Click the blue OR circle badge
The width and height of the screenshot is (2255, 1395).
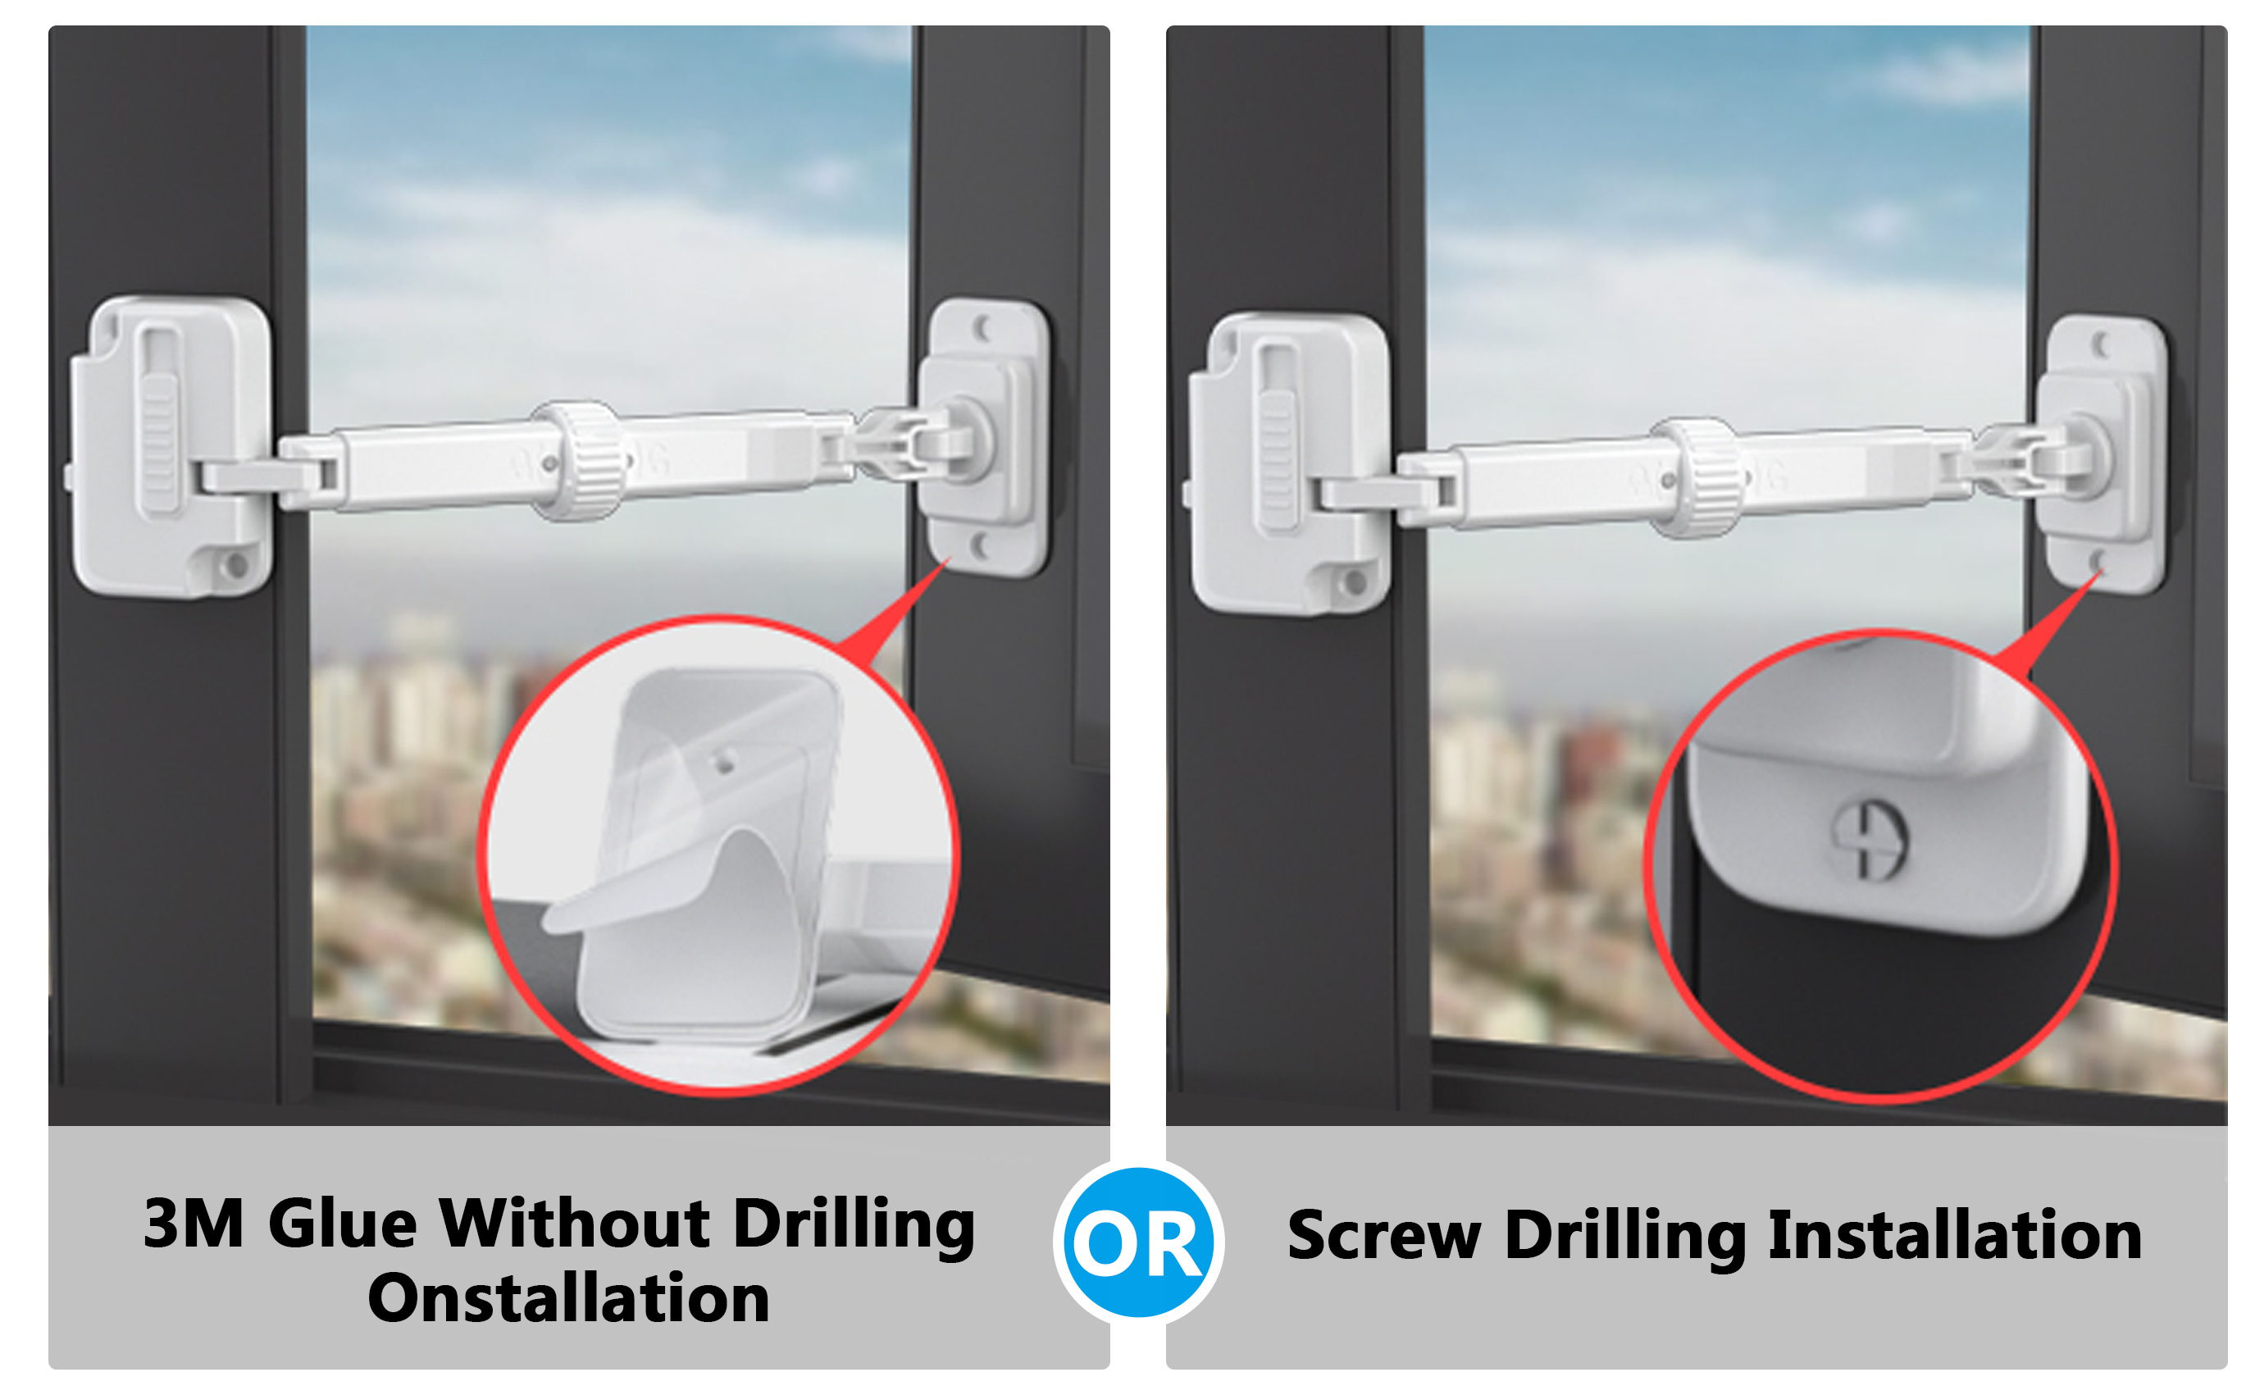1138,1242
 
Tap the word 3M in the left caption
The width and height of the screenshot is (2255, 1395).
194,1224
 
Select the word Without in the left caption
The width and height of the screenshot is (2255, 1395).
575,1224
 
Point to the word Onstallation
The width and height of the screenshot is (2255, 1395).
568,1297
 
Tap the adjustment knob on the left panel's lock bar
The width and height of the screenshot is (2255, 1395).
579,460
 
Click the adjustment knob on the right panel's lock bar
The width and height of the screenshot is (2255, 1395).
1697,478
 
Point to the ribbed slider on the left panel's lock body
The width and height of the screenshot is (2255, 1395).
158,442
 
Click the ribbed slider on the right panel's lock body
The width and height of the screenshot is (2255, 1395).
1278,459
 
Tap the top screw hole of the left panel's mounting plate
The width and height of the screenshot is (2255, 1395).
983,327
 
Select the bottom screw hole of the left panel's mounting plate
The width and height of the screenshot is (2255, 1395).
981,545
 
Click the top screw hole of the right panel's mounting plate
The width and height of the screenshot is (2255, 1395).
2101,344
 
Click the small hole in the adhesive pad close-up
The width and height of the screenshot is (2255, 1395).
724,763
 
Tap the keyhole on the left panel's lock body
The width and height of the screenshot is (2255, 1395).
235,563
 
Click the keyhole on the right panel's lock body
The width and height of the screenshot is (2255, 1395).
1354,582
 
